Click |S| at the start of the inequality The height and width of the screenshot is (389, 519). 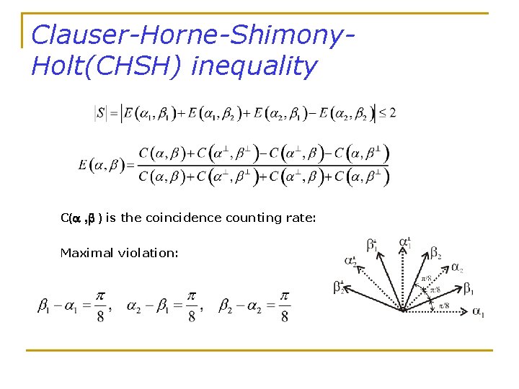tap(101, 113)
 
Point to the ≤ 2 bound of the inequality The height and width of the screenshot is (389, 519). tap(387, 113)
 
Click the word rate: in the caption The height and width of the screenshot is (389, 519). tap(301, 218)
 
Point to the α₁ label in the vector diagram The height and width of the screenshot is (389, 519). tap(478, 312)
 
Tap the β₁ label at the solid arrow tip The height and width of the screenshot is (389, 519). tap(469, 290)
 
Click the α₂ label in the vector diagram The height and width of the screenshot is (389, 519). tap(457, 268)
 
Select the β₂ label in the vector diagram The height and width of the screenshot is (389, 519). tap(435, 252)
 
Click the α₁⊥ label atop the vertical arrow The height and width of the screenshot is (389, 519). tap(406, 242)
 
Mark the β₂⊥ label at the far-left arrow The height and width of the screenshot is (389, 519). tap(339, 287)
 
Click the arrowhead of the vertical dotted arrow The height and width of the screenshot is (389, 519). tap(403, 250)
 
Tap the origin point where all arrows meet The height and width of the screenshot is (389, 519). tap(404, 311)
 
